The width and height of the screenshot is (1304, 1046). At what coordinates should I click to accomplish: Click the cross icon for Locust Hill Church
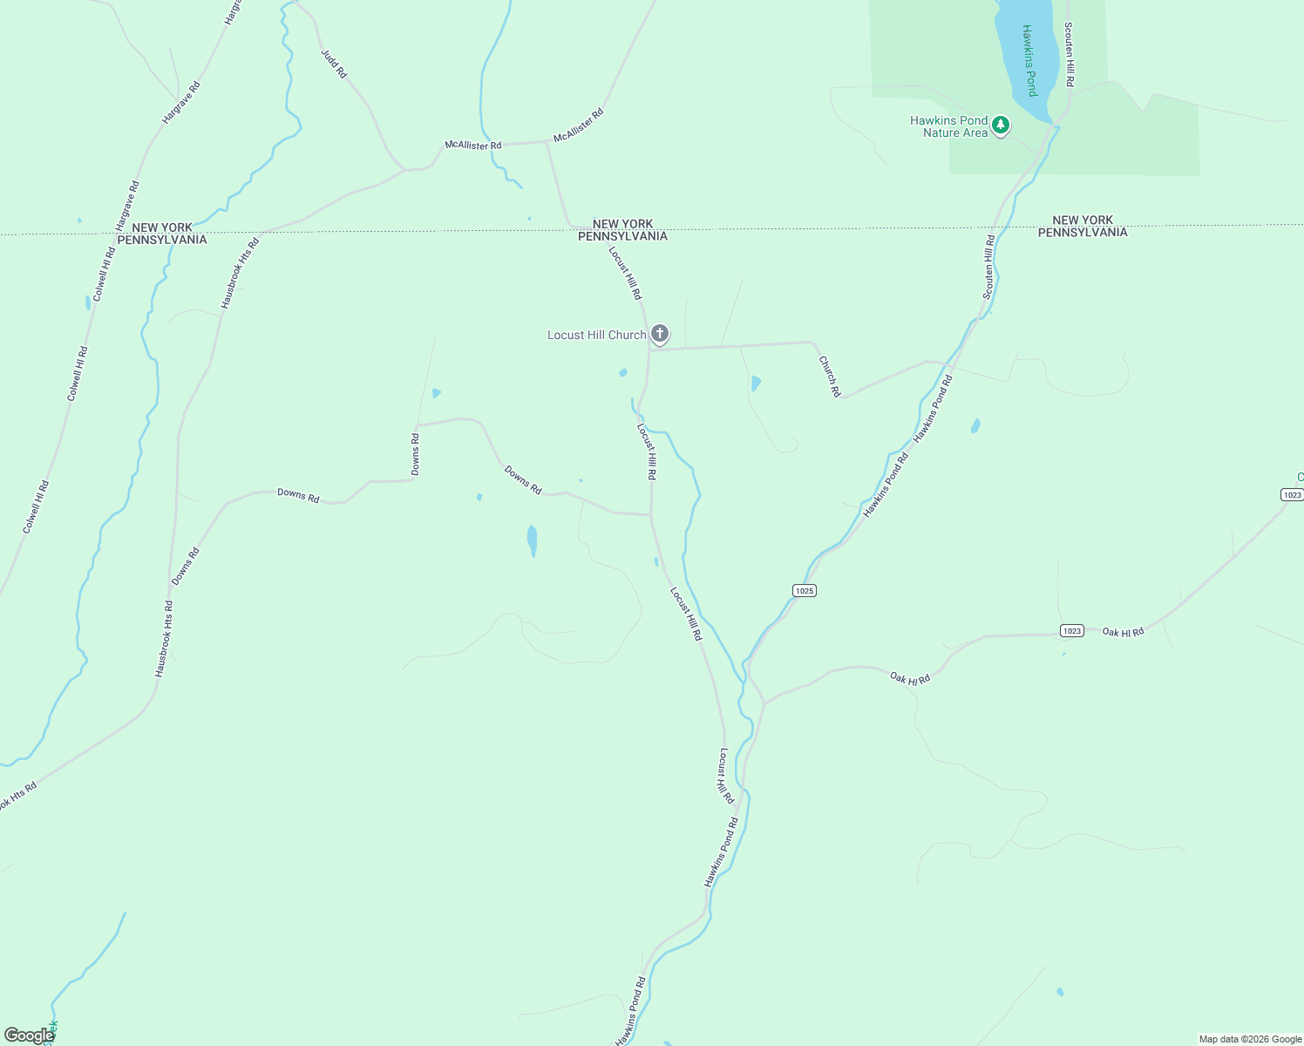(x=660, y=334)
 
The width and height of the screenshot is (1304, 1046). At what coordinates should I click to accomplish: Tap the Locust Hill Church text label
(x=596, y=335)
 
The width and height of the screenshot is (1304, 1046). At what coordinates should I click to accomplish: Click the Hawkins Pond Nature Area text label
(x=948, y=126)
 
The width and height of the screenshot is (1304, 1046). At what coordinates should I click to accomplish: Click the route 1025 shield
(x=805, y=590)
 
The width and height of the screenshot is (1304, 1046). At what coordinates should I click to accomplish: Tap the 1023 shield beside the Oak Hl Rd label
(x=1072, y=630)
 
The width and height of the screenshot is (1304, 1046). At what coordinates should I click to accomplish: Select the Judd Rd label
(x=334, y=64)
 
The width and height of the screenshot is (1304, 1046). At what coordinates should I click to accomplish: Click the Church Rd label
(x=829, y=376)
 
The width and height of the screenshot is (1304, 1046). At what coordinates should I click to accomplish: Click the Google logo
(x=29, y=1035)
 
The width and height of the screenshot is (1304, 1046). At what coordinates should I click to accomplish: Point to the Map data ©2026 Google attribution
(x=1249, y=1039)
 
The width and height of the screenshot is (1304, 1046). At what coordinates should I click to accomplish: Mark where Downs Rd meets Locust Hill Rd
(x=651, y=514)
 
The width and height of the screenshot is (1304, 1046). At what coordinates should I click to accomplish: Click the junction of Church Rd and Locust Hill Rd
(x=649, y=350)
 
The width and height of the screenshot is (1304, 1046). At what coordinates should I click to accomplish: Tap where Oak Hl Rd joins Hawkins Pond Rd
(x=764, y=703)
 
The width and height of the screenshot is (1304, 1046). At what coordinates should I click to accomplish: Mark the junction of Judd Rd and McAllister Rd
(x=404, y=169)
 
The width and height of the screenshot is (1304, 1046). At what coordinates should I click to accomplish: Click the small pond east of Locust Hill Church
(x=755, y=383)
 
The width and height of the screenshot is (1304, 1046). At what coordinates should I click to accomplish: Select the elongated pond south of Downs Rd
(x=532, y=540)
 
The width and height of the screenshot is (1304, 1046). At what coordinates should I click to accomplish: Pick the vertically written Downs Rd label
(x=416, y=454)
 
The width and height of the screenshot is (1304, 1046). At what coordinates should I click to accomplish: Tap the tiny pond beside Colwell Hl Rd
(x=88, y=302)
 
